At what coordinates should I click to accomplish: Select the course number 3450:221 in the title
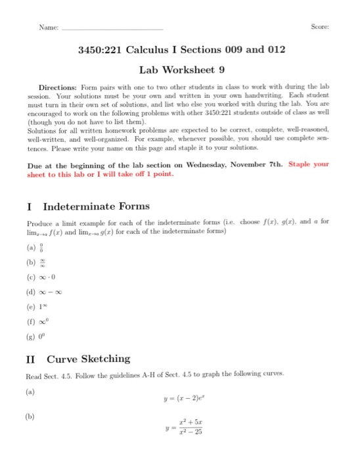tap(101, 51)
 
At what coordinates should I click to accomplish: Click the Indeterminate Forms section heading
tap(95, 206)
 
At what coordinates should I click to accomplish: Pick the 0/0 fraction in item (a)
tap(46, 248)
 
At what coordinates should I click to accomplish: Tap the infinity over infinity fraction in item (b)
tap(46, 264)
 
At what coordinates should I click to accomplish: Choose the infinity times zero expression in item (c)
tap(51, 279)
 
